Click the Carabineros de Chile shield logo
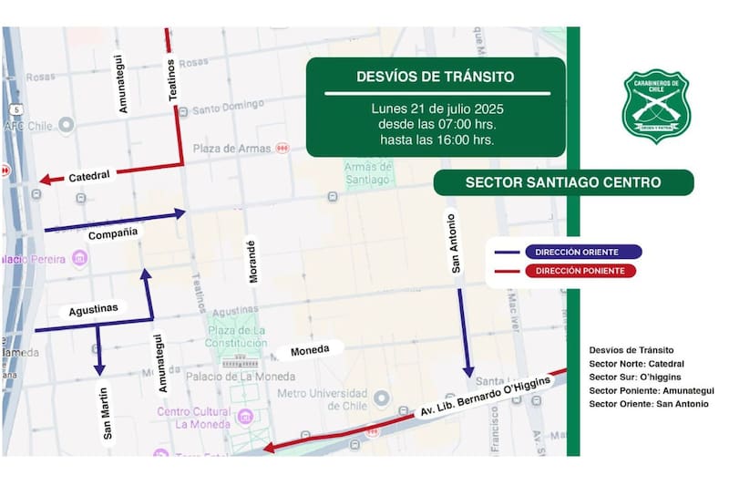pos(656,107)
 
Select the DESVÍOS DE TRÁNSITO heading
pos(436,77)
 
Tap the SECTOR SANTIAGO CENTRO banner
pos(562,182)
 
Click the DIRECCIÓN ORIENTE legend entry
pos(564,252)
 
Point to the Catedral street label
pos(89,175)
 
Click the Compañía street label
pos(113,233)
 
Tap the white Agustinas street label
pos(94,309)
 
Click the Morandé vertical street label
pos(252,261)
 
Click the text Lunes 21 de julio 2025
pos(436,109)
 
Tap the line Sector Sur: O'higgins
pos(635,377)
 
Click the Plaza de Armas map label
pos(231,148)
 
